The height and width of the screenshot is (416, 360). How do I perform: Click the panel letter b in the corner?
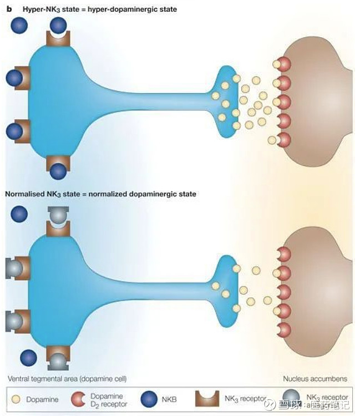[8, 8]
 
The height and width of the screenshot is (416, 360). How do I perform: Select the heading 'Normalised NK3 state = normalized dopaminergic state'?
[100, 194]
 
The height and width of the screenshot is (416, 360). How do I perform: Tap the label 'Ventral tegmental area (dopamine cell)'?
[67, 379]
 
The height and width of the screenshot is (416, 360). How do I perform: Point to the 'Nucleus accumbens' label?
[315, 379]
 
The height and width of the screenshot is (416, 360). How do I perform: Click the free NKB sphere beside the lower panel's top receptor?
[19, 214]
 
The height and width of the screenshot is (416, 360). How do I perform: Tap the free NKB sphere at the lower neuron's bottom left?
[28, 357]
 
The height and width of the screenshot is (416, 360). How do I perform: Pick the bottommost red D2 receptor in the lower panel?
[283, 330]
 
